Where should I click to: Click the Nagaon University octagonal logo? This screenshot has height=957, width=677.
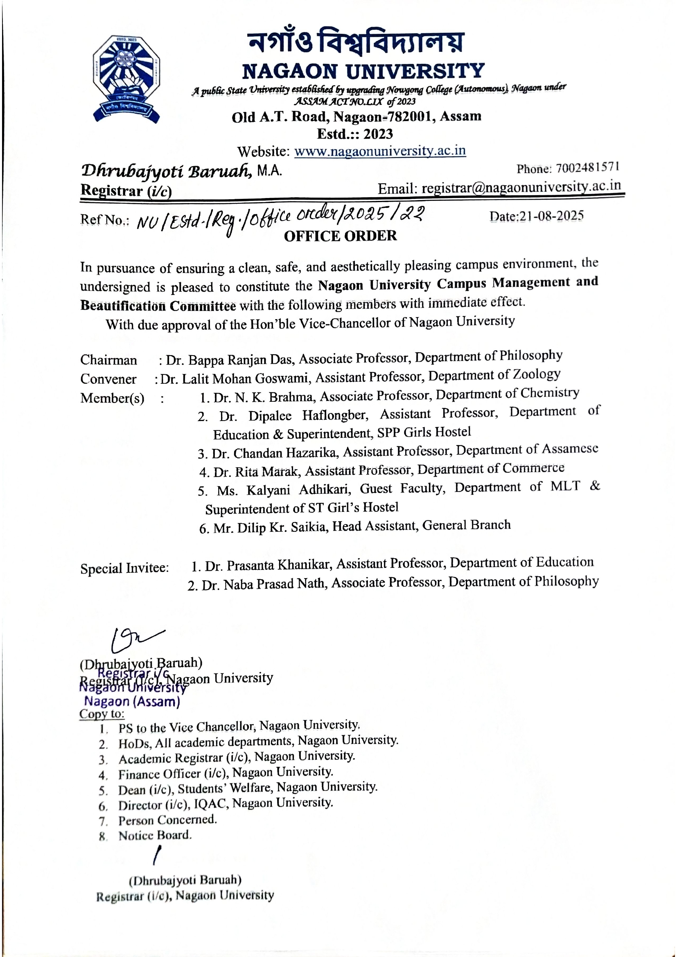(126, 79)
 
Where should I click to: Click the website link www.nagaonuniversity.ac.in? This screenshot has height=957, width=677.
(380, 151)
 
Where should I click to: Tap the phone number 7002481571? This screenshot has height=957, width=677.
(587, 168)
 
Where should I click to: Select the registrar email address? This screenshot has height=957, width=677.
(521, 187)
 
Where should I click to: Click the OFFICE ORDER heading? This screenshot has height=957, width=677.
(340, 236)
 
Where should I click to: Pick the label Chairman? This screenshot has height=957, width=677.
(108, 360)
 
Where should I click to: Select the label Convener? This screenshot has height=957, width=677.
(108, 379)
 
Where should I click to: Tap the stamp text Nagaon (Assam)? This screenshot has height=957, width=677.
(132, 702)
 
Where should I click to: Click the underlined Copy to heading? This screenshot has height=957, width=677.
(102, 714)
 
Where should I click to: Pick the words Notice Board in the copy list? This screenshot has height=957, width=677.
(155, 835)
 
